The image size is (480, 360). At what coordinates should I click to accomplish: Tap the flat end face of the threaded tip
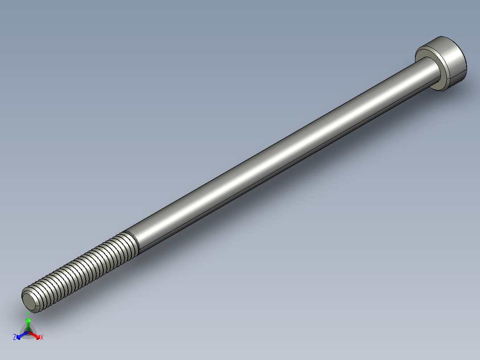[30, 302]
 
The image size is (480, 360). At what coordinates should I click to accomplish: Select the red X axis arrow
[37, 335]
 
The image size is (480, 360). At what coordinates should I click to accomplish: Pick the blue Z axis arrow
[20, 335]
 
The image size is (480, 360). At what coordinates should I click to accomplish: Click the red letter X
[42, 338]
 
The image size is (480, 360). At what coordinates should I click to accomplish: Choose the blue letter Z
[15, 338]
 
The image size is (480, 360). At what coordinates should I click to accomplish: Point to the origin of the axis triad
[28, 332]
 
